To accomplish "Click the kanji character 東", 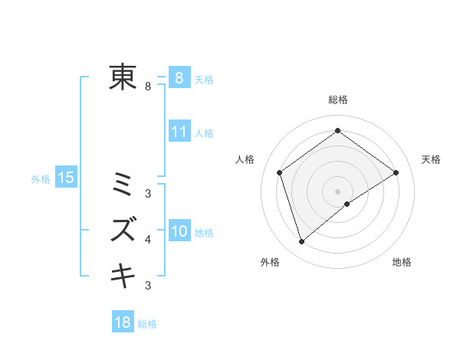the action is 123,77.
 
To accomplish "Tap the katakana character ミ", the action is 123,185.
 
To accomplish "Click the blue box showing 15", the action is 65,178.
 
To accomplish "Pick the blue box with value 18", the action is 123,322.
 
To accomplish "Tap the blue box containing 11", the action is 179,132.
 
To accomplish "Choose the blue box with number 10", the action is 179,231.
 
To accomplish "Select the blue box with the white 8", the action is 179,78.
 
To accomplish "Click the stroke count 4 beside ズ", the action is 148,240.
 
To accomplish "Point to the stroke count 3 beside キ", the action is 148,286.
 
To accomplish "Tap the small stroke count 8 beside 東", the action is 148,87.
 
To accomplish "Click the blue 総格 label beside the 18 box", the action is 147,324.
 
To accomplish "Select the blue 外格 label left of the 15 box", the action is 41,179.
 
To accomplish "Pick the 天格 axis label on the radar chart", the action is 431,159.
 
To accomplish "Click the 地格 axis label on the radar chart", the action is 402,262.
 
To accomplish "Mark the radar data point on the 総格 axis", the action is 337,130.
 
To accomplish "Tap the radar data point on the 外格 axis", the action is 302,242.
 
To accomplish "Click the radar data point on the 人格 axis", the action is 280,172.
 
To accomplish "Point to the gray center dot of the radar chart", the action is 337,191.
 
